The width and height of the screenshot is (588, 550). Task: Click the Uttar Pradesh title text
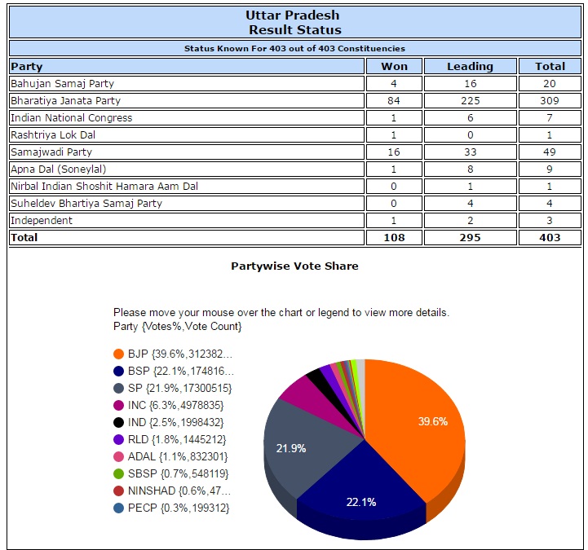(x=294, y=15)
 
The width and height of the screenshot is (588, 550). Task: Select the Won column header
(x=395, y=66)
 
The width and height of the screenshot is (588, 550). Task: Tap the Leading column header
(x=470, y=66)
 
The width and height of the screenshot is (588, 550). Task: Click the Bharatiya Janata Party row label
(x=65, y=101)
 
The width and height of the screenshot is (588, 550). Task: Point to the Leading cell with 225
(x=470, y=101)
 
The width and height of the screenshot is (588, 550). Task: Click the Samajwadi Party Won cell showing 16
(x=395, y=152)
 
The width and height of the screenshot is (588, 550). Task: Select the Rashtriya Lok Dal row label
(x=53, y=135)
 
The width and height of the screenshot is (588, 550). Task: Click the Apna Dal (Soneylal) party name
(x=58, y=169)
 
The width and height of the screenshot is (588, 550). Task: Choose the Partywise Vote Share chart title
(x=294, y=266)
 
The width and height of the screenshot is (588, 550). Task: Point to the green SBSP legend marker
(x=119, y=473)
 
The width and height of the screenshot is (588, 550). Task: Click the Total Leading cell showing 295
(x=470, y=238)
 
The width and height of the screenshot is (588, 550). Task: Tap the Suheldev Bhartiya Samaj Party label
(x=86, y=204)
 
